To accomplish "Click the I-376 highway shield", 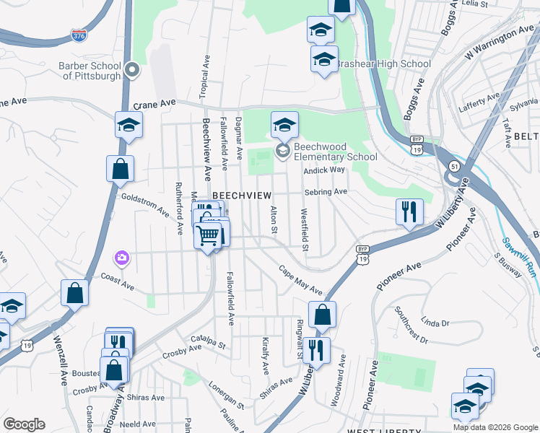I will coord(79,34).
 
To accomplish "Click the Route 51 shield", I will coord(453,166).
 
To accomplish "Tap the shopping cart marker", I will coord(208,235).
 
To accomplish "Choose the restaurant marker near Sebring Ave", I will coord(409,211).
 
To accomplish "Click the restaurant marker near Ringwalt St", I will coord(316,351).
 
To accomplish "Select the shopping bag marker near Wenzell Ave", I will coord(74,293).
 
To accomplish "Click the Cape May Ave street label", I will coord(301,279).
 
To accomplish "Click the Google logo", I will coord(24,424).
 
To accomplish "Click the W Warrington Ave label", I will coord(500,43).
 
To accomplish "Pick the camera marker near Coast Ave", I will coord(121,258).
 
